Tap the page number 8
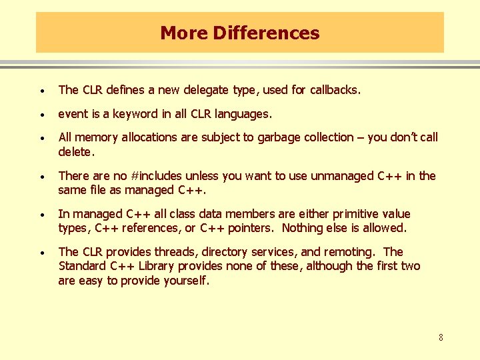(441, 338)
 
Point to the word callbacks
(331, 90)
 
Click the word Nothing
(303, 228)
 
